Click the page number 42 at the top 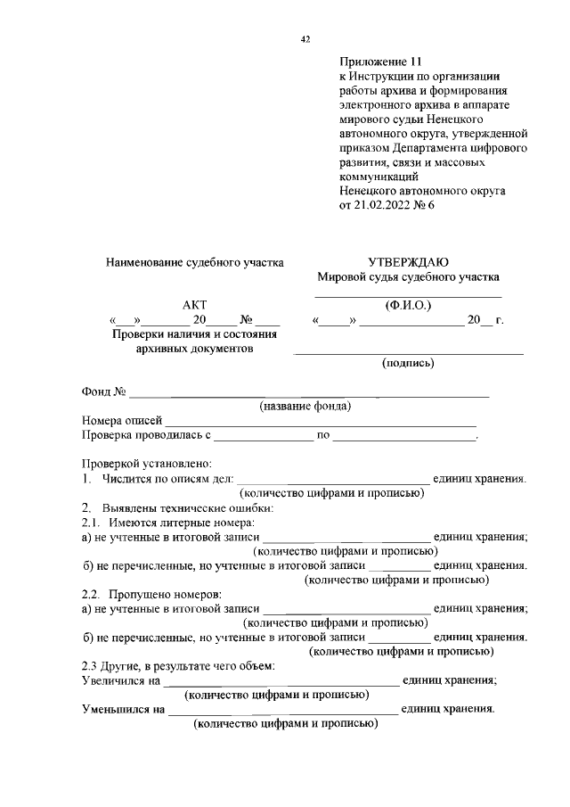(305, 39)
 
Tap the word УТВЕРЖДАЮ (408, 262)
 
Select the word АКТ (194, 305)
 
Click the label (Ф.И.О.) (408, 305)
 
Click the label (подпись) (408, 363)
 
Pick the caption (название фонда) (305, 407)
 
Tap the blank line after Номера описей (321, 421)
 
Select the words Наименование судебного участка (194, 263)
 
